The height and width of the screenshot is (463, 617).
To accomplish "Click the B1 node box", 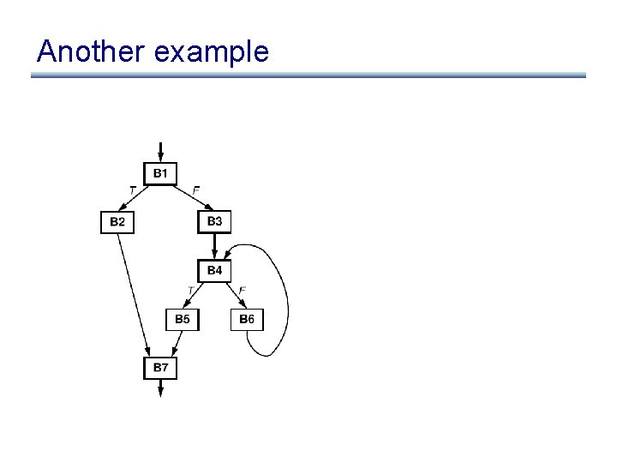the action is [160, 174].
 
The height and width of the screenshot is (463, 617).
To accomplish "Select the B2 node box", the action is [117, 222].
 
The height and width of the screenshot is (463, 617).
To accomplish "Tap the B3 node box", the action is [214, 221].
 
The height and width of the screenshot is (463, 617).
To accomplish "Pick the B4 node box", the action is [214, 271].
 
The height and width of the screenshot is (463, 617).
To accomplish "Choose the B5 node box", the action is [183, 320].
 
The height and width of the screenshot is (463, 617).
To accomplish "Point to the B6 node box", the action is [247, 320].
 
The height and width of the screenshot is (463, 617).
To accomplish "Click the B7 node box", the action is [160, 368].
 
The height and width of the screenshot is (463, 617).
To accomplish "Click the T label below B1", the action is [132, 189].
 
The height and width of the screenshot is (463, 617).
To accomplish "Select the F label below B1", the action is [196, 189].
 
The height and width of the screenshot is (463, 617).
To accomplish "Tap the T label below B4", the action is [190, 291].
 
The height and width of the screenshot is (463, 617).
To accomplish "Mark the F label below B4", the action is [243, 291].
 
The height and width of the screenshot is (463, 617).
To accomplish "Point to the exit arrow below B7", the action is [160, 388].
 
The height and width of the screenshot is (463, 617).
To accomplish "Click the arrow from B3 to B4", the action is [214, 246].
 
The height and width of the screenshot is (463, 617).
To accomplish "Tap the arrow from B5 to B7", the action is [176, 344].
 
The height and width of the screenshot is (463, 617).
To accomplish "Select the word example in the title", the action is [212, 53].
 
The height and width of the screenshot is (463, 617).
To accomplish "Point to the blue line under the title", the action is [308, 75].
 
